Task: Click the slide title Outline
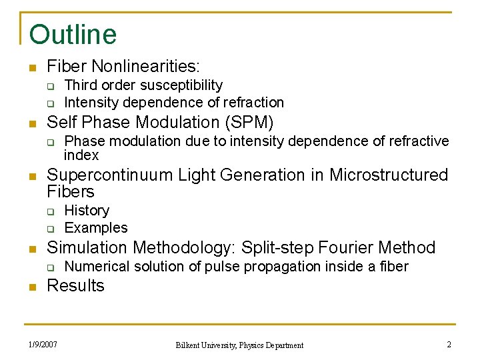73,35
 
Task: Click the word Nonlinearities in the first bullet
146,66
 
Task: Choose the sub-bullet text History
87,211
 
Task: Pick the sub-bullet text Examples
95,228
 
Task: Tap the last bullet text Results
75,286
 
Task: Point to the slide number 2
449,345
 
